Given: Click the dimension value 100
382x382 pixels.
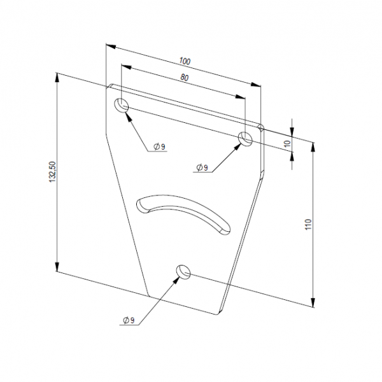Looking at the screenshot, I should tap(185, 61).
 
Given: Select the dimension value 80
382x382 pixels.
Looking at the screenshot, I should tap(184, 78).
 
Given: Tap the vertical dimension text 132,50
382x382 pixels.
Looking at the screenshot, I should tap(53, 172).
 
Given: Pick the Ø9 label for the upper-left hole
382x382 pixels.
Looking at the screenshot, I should tap(159, 147).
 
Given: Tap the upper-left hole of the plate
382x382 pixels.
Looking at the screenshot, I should tap(122, 106).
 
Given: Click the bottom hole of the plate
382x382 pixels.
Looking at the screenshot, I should tap(183, 272).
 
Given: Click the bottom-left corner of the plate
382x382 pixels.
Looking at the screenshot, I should tap(149, 296).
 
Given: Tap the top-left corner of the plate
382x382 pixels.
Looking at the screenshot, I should tap(108, 85).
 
